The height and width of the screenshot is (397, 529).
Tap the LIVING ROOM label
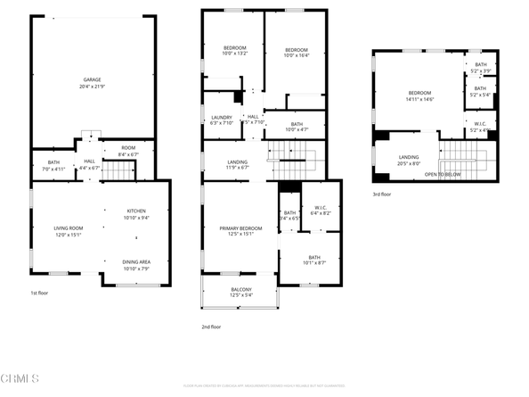[69, 229]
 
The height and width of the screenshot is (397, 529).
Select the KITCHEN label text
[136, 211]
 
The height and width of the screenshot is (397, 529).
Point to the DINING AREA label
[136, 261]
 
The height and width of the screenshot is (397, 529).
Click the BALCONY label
[240, 289]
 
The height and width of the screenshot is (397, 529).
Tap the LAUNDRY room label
[221, 118]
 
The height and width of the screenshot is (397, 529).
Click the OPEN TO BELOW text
[443, 173]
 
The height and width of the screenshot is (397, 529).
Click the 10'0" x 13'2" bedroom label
[235, 50]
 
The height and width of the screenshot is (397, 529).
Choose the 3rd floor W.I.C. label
[480, 125]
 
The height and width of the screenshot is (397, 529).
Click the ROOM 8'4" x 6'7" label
[129, 151]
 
